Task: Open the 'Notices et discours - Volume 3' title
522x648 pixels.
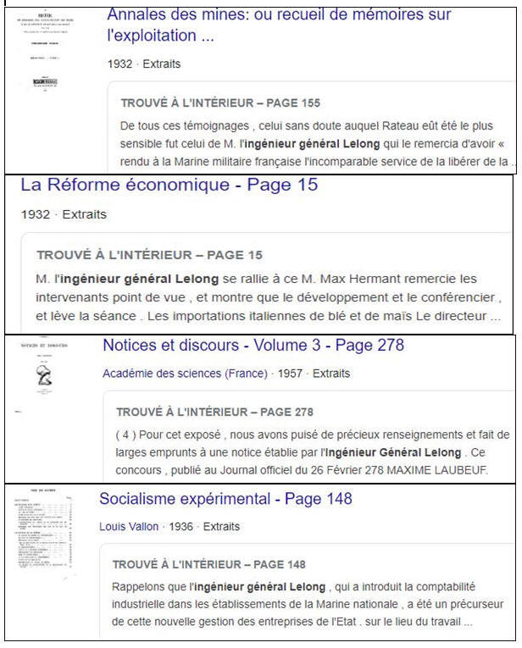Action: [253, 346]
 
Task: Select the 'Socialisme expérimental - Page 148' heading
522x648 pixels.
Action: [225, 499]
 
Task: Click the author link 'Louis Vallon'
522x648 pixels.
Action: [129, 527]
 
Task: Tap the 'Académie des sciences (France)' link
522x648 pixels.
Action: [184, 374]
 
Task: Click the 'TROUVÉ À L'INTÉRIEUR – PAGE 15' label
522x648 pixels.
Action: [149, 255]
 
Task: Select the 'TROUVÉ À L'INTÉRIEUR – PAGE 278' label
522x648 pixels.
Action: [214, 413]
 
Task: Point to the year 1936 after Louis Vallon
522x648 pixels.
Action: [181, 527]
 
